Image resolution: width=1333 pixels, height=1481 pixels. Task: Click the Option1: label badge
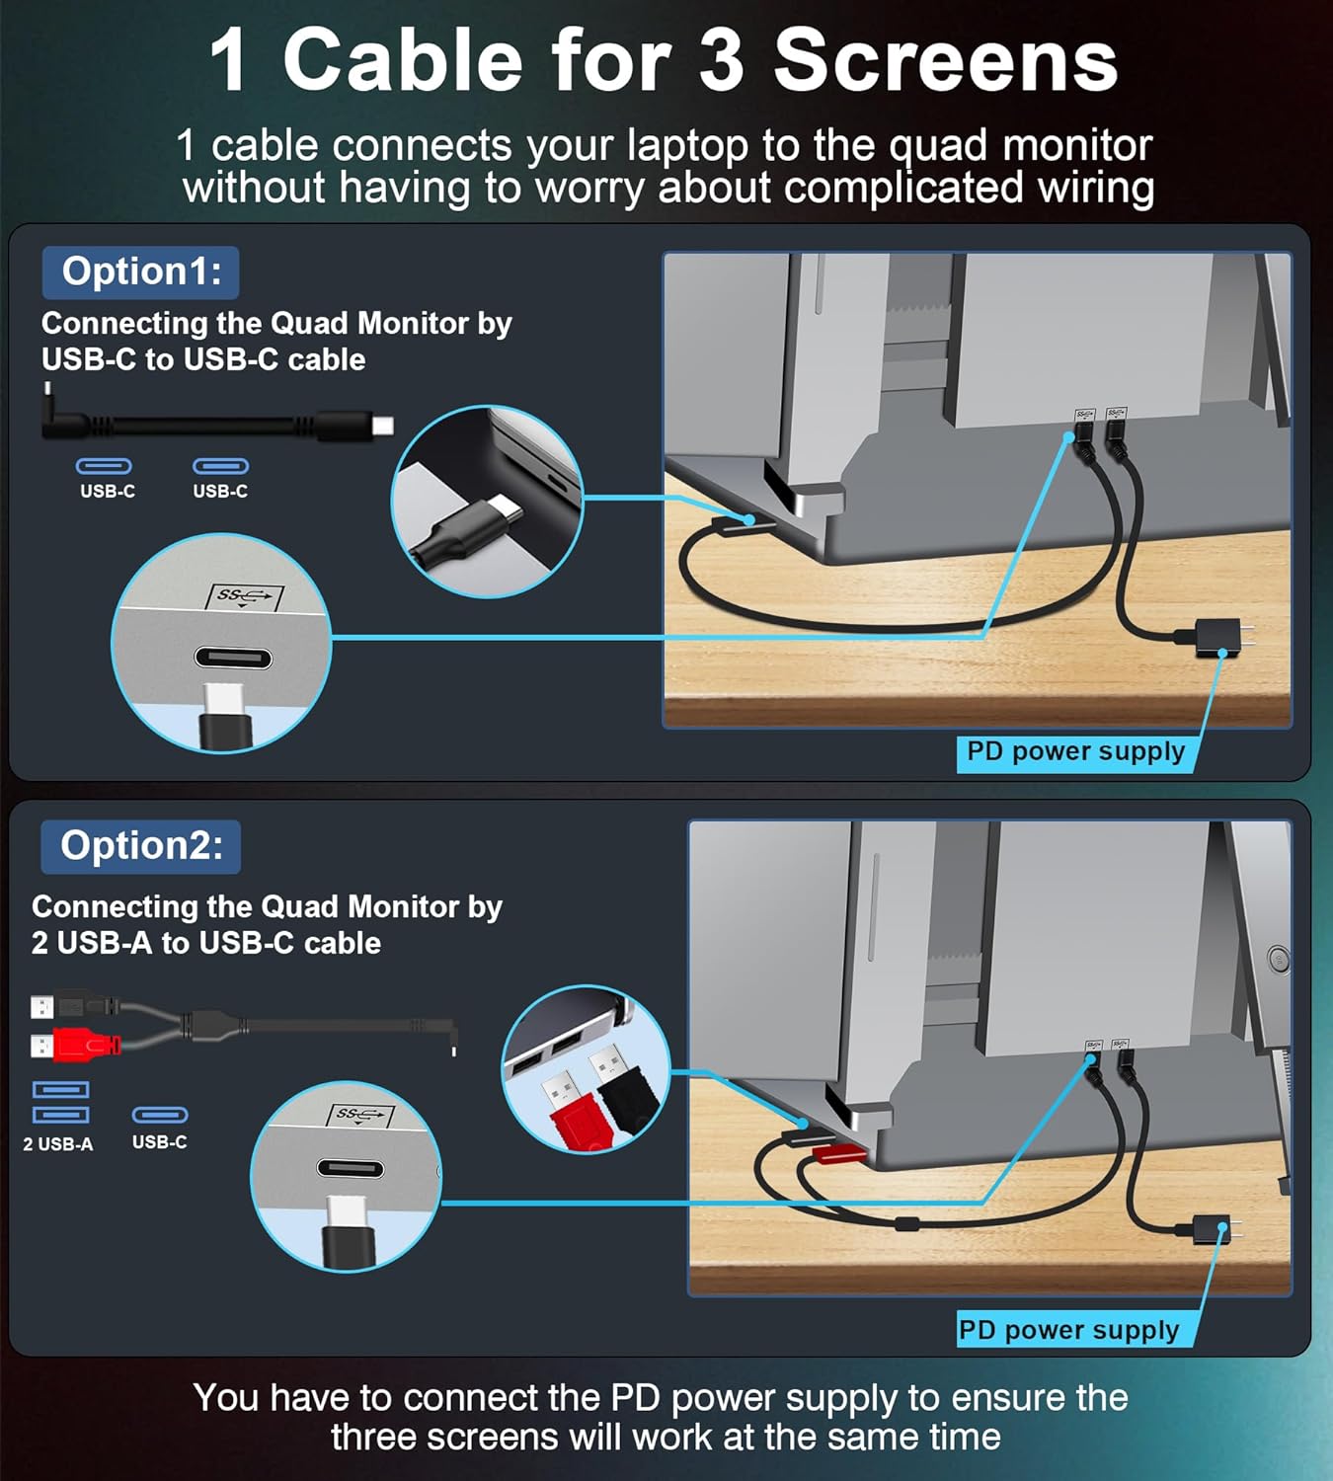pos(141,273)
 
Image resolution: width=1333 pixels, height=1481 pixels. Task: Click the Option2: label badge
pos(141,846)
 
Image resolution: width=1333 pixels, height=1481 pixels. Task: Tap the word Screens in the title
pos(945,61)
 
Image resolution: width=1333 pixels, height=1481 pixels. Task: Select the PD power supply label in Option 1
pos(1075,752)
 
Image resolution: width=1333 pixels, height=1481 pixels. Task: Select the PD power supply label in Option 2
pos(1069,1330)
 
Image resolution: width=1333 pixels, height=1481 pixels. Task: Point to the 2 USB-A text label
pos(58,1144)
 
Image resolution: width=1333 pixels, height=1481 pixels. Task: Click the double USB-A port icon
pos(61,1102)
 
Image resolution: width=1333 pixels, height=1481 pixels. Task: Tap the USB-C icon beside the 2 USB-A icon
pos(160,1115)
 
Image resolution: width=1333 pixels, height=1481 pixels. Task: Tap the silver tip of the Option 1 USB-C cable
pos(382,427)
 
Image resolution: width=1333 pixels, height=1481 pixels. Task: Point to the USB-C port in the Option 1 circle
pos(233,659)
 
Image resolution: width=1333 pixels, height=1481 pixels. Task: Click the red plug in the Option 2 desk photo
pos(837,1153)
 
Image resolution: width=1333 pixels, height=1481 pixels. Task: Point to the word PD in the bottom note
pos(635,1398)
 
